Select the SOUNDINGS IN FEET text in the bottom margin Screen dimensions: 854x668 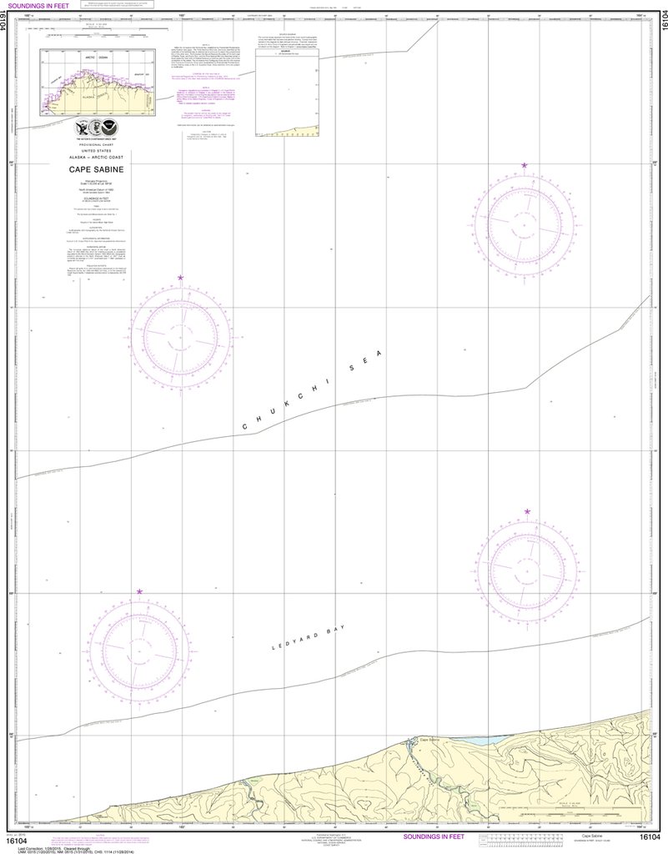click(439, 836)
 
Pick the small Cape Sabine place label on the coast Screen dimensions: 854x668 click(429, 740)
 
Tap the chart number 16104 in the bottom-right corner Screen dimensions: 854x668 click(650, 836)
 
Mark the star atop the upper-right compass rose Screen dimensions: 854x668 click(525, 166)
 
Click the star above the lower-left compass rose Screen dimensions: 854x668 click(139, 591)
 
